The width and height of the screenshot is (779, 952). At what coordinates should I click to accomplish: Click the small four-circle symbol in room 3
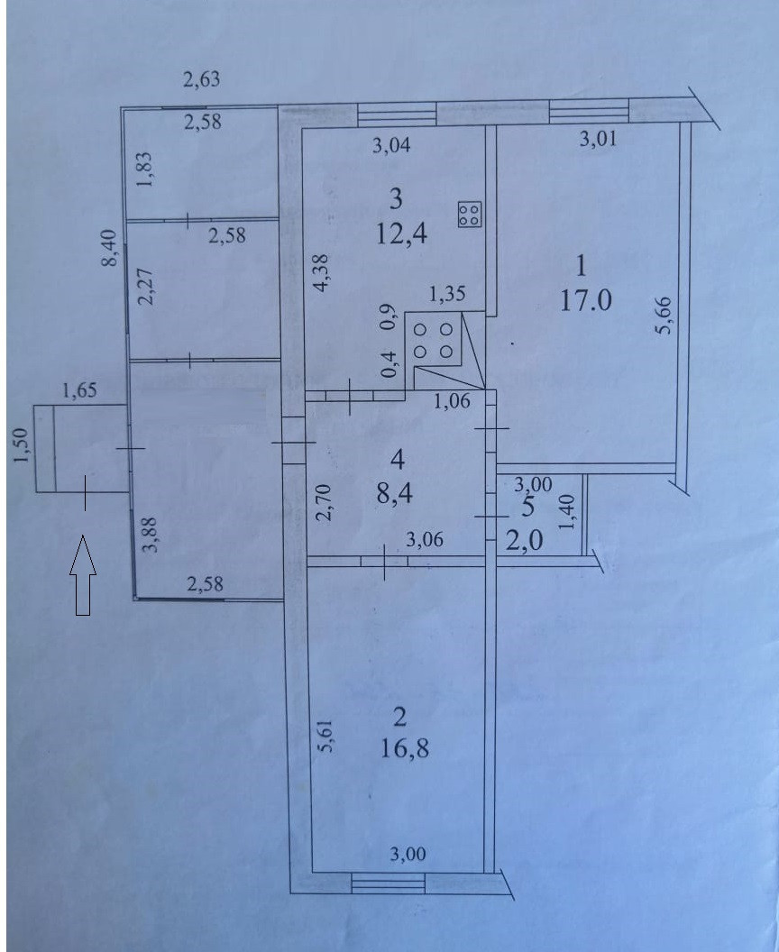[469, 215]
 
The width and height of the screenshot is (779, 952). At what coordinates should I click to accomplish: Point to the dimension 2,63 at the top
[201, 80]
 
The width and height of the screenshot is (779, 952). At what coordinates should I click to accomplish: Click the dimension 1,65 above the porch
[79, 390]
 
